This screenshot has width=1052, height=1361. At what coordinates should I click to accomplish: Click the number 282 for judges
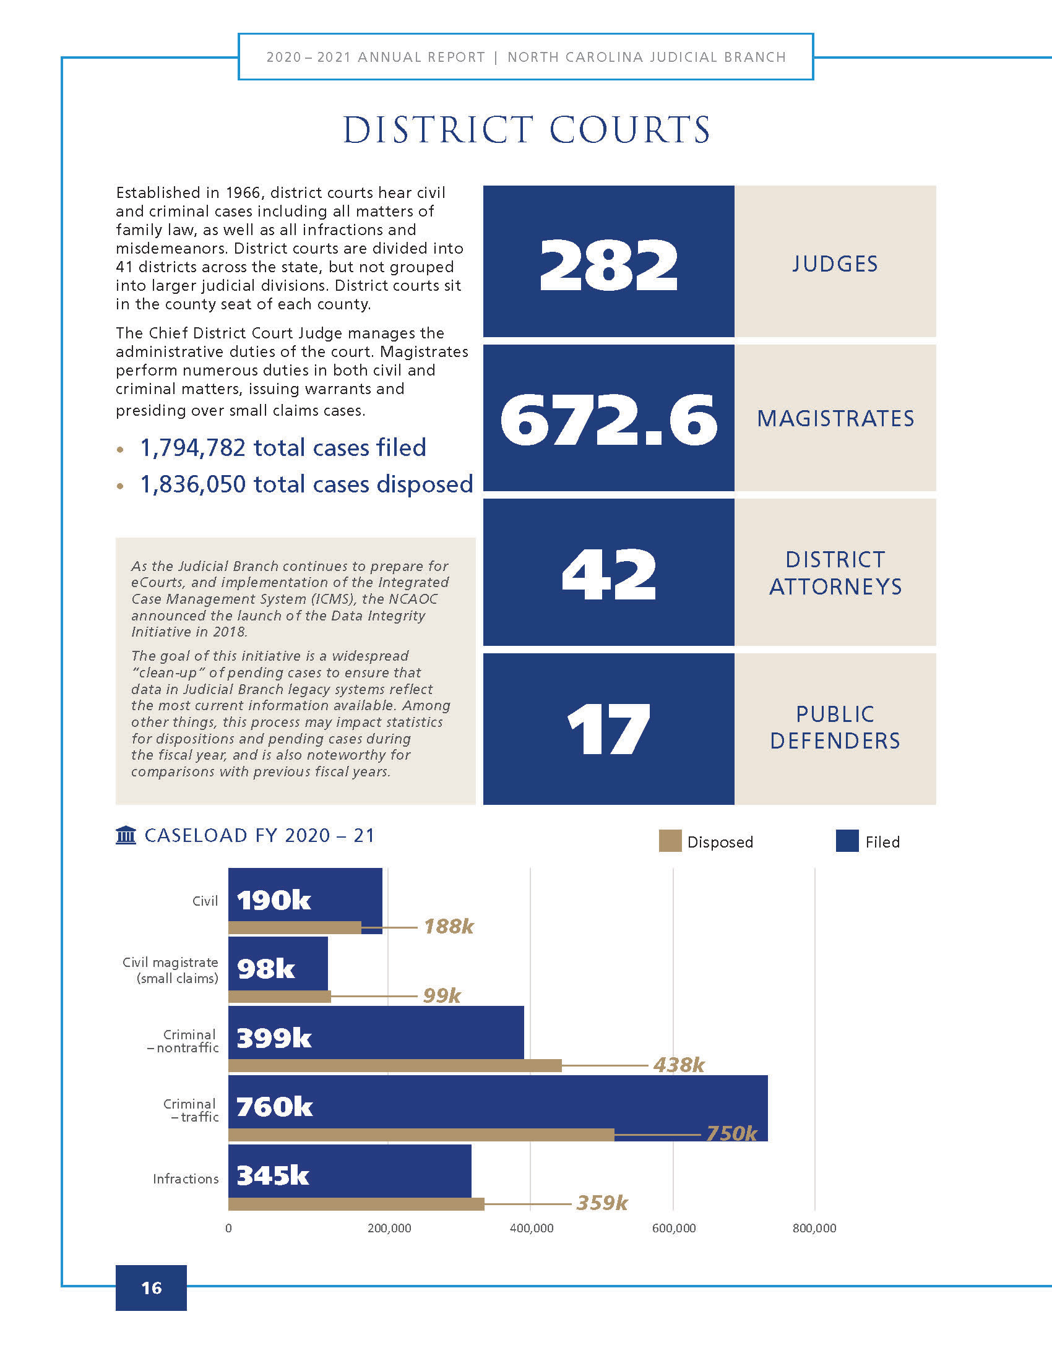pyautogui.click(x=608, y=264)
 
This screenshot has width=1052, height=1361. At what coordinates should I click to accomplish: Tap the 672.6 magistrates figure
pyautogui.click(x=608, y=419)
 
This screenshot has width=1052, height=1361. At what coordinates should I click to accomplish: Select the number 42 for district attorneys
pyautogui.click(x=609, y=575)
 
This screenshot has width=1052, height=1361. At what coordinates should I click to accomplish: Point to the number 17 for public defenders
pyautogui.click(x=609, y=729)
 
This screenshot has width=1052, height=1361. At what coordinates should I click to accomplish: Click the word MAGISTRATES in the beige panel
pyautogui.click(x=835, y=419)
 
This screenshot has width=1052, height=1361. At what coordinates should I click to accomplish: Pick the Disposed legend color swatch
pyautogui.click(x=670, y=841)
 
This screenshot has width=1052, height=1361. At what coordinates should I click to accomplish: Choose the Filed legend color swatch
pyautogui.click(x=847, y=841)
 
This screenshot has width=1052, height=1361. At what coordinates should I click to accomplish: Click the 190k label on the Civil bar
pyautogui.click(x=274, y=901)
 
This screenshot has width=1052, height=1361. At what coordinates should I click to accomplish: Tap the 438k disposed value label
pyautogui.click(x=679, y=1065)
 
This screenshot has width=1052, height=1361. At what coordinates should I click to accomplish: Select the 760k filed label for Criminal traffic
pyautogui.click(x=274, y=1107)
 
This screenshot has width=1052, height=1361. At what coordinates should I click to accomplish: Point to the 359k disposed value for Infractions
pyautogui.click(x=602, y=1203)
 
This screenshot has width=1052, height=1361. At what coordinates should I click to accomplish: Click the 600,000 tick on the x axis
pyautogui.click(x=674, y=1228)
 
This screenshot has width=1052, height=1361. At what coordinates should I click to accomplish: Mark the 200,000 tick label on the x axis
pyautogui.click(x=389, y=1228)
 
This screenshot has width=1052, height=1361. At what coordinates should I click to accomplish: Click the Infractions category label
pyautogui.click(x=186, y=1179)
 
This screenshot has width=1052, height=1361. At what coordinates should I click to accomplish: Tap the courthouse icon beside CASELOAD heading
pyautogui.click(x=126, y=835)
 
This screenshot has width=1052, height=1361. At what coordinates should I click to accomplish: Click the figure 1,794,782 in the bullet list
pyautogui.click(x=192, y=448)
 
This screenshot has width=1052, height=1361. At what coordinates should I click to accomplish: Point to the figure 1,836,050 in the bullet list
pyautogui.click(x=192, y=485)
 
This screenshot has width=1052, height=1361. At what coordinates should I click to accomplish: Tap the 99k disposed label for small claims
pyautogui.click(x=442, y=996)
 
